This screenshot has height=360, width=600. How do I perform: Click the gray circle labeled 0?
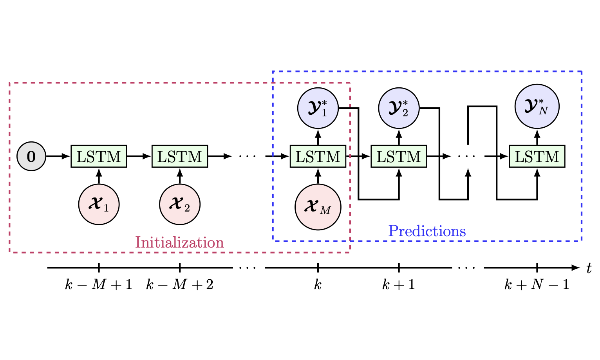[31, 156]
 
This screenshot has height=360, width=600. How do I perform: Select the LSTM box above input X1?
[99, 156]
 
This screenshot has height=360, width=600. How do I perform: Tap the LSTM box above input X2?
[180, 156]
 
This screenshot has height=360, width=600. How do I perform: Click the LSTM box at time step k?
[318, 156]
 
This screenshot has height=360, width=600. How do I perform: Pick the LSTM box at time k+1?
[399, 156]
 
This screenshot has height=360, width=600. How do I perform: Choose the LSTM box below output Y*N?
[537, 156]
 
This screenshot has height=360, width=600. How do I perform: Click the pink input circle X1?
[99, 204]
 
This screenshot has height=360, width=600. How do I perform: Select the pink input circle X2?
[180, 204]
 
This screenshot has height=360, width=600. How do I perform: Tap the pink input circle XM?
[318, 207]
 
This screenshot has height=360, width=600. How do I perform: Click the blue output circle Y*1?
[318, 108]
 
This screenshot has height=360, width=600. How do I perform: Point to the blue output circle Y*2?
[399, 108]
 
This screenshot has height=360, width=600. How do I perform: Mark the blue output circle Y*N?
[537, 106]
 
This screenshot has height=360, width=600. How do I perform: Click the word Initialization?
[179, 242]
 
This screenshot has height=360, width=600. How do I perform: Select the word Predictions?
[427, 231]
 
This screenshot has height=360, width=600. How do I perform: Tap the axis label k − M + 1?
[99, 284]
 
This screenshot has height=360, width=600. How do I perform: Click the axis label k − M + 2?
[180, 284]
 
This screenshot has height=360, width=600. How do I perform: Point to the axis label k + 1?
[399, 284]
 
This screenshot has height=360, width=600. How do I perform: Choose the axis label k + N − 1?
[537, 284]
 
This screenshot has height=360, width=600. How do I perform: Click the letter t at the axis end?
[589, 268]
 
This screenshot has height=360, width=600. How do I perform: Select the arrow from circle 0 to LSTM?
[58, 156]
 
